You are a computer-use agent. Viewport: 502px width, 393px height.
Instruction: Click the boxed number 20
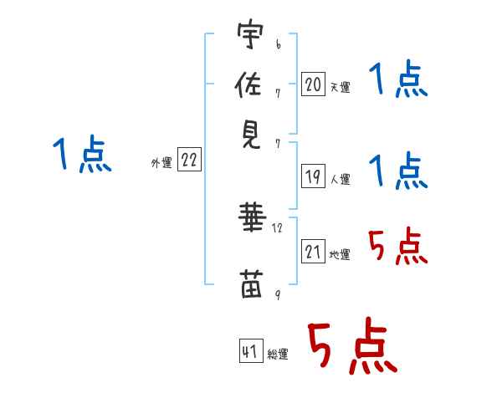click(x=313, y=84)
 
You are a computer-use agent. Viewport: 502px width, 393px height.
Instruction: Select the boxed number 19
click(x=313, y=176)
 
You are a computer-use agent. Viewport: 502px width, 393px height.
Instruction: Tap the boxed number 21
click(x=313, y=252)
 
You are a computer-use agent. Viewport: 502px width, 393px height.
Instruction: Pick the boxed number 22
click(x=189, y=161)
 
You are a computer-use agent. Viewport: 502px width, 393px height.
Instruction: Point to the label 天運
click(x=340, y=87)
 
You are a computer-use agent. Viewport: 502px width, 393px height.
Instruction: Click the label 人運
click(x=340, y=179)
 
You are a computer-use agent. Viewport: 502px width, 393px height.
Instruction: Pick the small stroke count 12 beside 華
click(x=278, y=227)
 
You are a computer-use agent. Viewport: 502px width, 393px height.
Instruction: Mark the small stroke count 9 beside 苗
click(x=278, y=294)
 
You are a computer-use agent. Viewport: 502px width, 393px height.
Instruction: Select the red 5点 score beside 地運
click(x=397, y=247)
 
